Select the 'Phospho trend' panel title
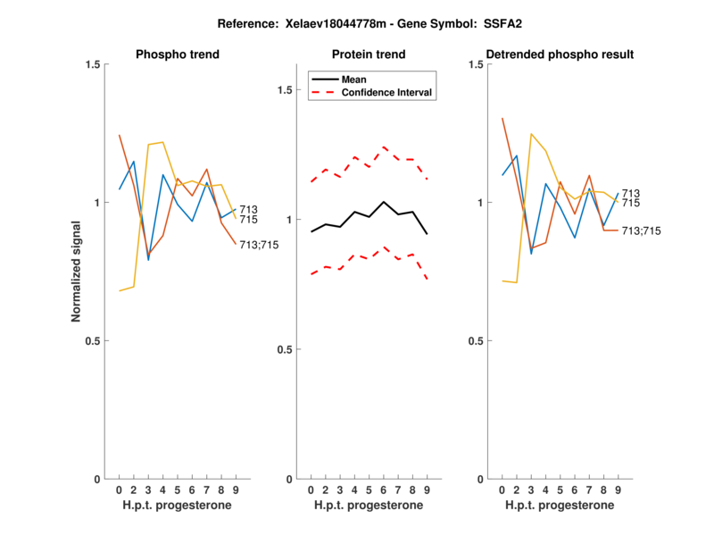pos(177,54)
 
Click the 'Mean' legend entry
pos(354,79)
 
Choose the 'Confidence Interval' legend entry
pos(387,92)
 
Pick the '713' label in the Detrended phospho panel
pos(630,193)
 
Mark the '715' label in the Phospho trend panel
pos(249,220)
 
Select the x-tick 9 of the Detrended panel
pos(618,489)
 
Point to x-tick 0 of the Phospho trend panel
pos(120,489)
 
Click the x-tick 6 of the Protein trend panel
pos(384,489)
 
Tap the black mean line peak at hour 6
pos(384,202)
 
